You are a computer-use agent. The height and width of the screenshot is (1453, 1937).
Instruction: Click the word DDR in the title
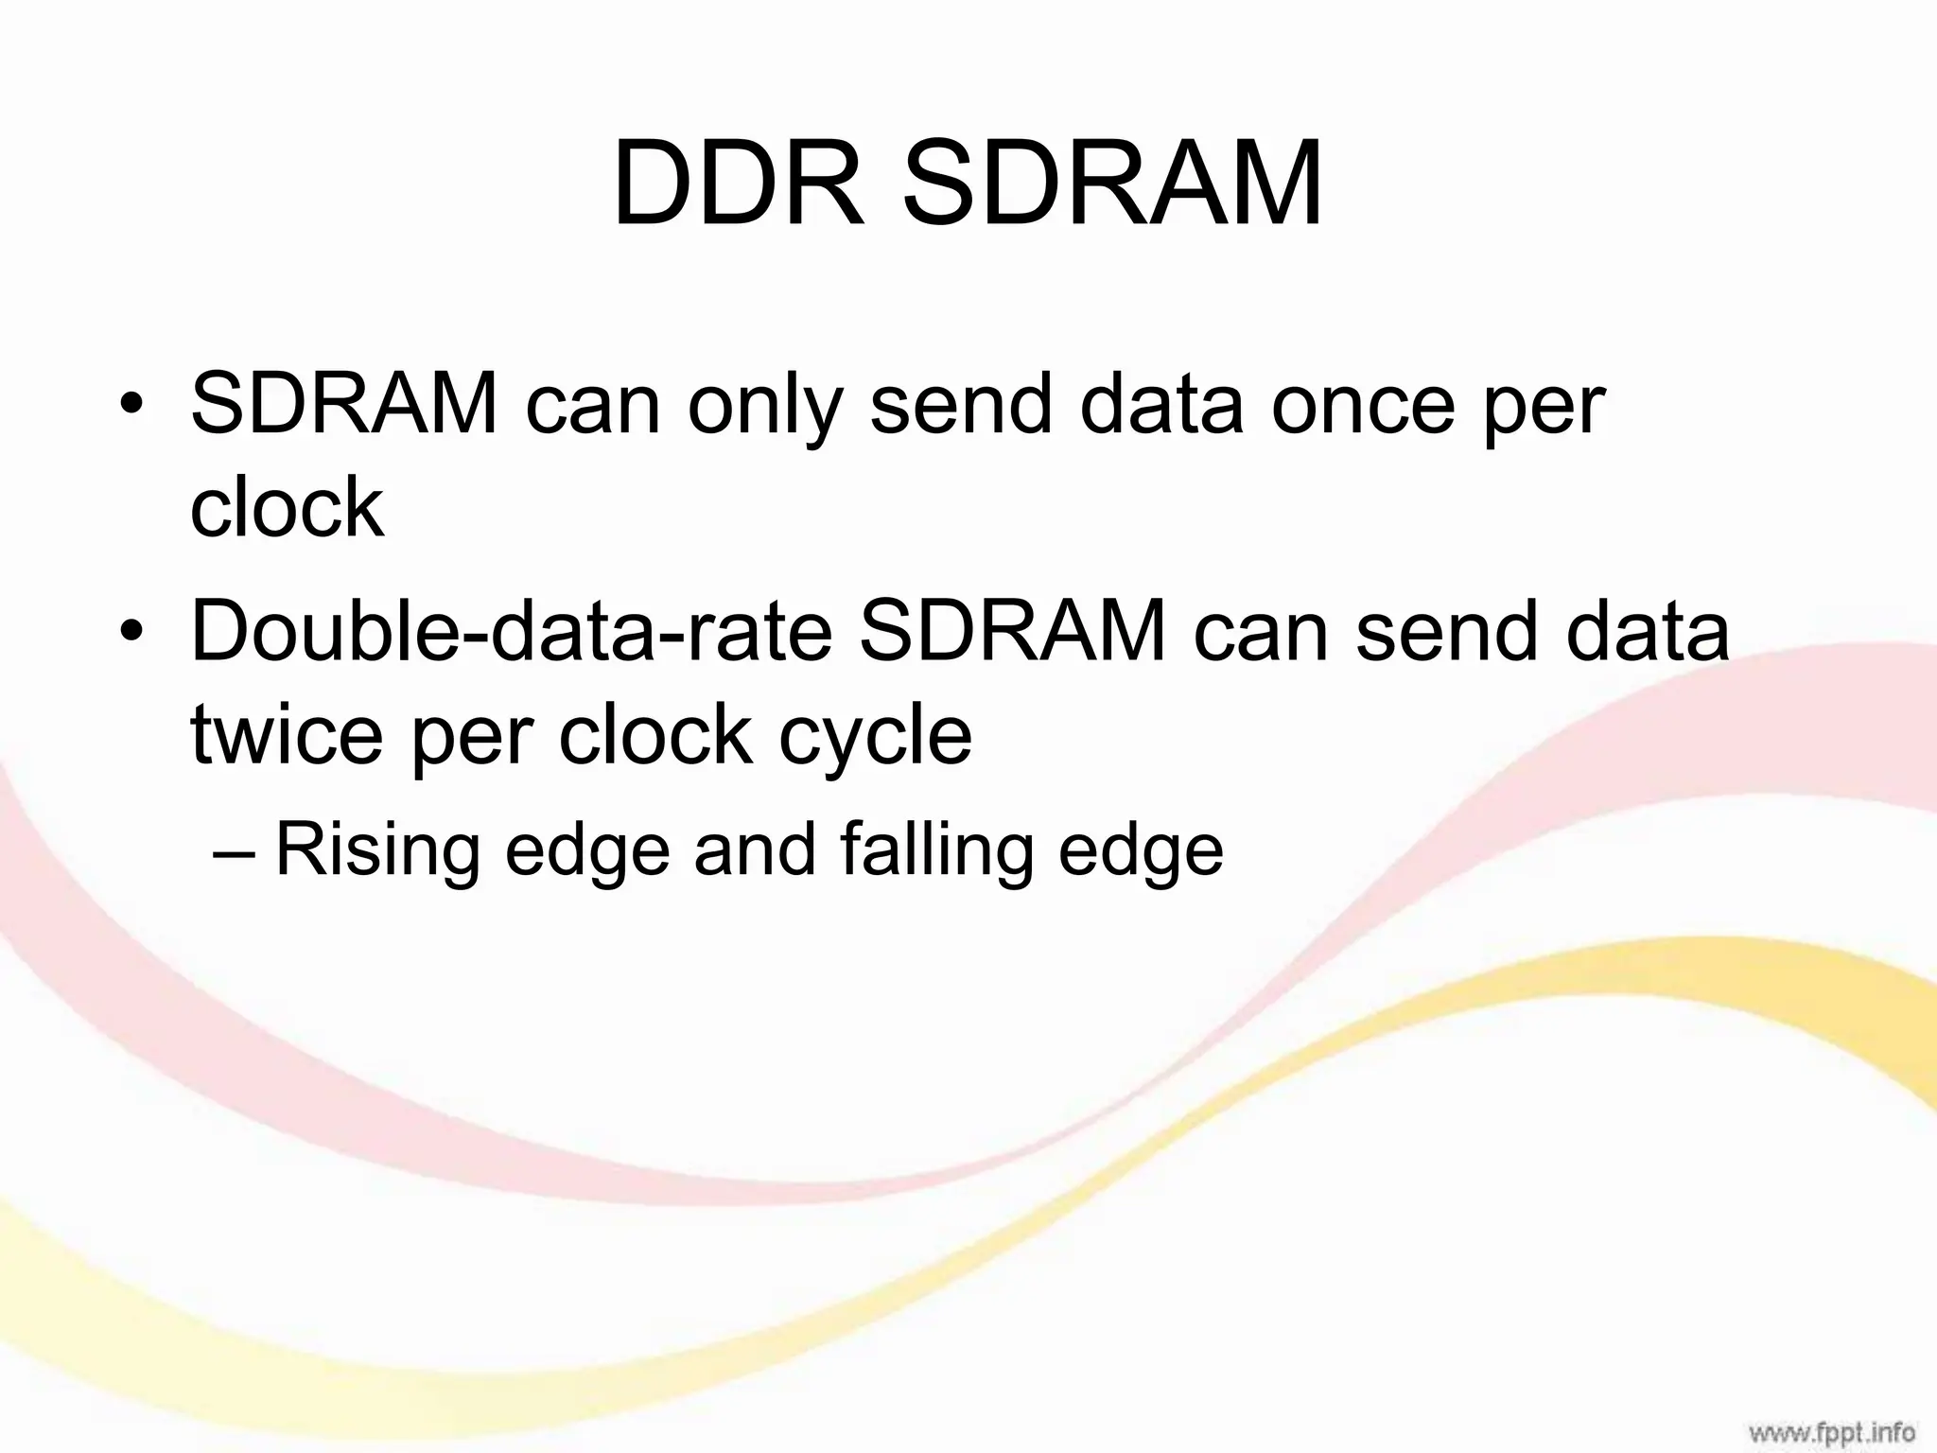coord(739,184)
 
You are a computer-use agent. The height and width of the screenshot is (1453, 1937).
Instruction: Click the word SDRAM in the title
coord(1111,184)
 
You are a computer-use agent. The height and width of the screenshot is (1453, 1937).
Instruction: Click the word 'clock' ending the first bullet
coord(288,508)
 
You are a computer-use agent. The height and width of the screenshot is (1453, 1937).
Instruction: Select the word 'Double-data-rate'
coord(512,631)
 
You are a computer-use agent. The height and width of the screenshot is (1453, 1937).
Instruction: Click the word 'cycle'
coord(875,738)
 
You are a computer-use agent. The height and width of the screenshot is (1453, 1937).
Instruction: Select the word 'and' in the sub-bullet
coord(755,849)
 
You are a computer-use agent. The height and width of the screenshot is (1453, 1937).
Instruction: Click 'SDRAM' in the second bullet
coord(1013,631)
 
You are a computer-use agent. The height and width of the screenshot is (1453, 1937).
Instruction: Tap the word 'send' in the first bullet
coord(961,406)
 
